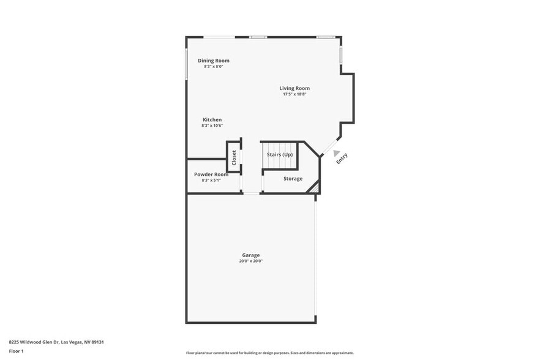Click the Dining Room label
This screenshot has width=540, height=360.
point(213,61)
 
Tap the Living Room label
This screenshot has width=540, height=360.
point(294,88)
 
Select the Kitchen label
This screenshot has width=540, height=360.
point(212,119)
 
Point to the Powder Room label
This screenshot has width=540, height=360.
point(211,174)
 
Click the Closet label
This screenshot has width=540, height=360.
point(234,157)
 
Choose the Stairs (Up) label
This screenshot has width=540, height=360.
point(279,154)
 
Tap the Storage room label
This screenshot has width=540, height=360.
point(293,179)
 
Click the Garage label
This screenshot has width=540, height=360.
point(250,255)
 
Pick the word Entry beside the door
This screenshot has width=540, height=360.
point(342,158)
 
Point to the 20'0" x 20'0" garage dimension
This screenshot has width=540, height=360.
point(250,261)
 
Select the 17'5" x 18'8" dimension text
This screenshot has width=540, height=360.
point(294,94)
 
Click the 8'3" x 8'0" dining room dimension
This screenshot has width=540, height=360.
point(213,66)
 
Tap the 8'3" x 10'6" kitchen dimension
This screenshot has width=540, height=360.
point(212,126)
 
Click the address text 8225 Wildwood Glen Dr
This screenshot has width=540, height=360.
point(51,342)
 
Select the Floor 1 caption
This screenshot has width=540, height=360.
point(16,351)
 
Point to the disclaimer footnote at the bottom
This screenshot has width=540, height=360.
point(269,353)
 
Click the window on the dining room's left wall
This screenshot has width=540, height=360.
point(186,64)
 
